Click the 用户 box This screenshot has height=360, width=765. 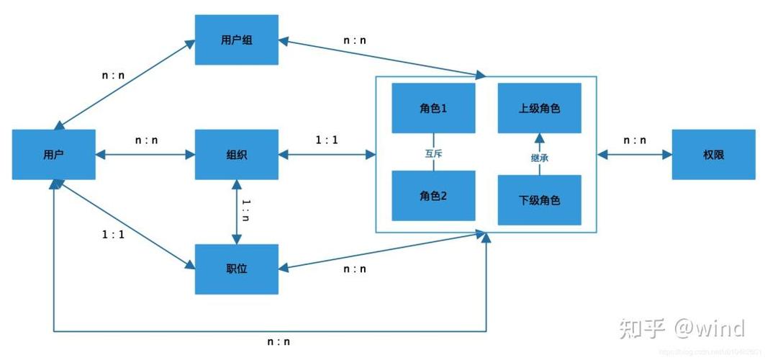click(x=54, y=155)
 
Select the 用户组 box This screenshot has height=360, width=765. click(x=236, y=40)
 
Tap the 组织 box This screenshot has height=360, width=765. click(x=236, y=155)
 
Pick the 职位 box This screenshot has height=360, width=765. click(x=236, y=269)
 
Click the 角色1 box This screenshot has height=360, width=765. click(x=433, y=109)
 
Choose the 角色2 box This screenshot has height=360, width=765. click(x=433, y=195)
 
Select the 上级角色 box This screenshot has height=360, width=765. click(x=539, y=109)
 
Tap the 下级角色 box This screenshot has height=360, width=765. click(x=539, y=199)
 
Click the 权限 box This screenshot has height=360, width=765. click(x=713, y=155)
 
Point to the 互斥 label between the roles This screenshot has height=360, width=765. click(x=433, y=153)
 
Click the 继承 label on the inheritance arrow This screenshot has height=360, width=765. click(x=539, y=157)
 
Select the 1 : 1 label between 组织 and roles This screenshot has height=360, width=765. click(x=326, y=140)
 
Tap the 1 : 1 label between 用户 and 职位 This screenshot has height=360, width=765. click(x=112, y=235)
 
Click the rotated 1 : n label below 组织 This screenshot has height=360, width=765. click(x=246, y=209)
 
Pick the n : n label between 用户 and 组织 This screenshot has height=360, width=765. click(x=146, y=140)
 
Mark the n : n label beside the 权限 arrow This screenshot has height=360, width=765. click(x=634, y=140)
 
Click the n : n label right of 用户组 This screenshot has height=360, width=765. click(x=354, y=40)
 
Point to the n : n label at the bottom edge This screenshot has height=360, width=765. click(x=278, y=342)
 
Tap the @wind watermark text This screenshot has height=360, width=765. click(x=709, y=328)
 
